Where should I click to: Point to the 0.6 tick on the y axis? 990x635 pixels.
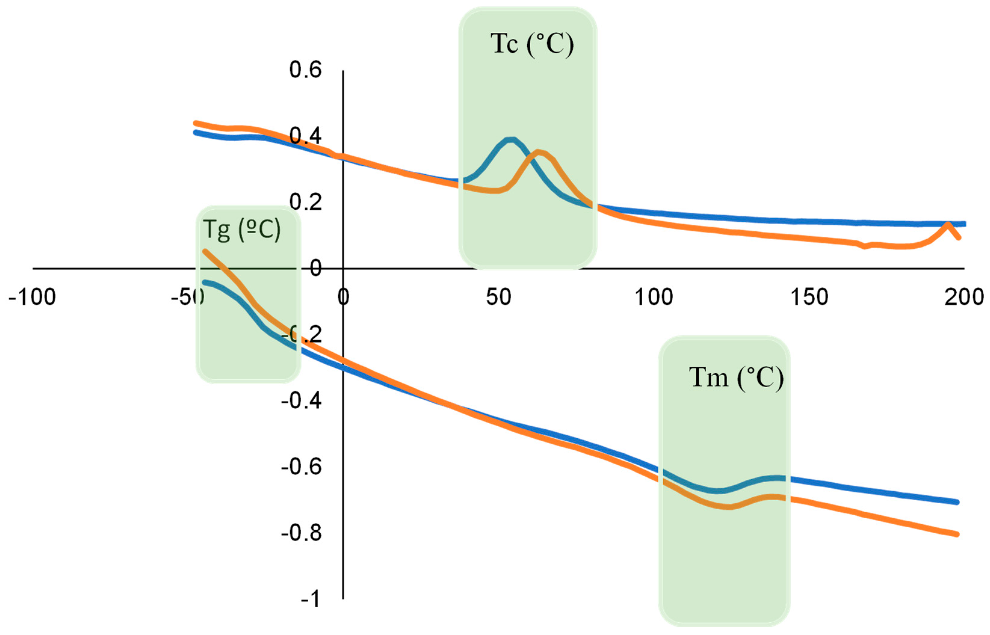click(x=305, y=70)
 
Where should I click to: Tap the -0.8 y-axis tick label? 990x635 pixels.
click(x=301, y=533)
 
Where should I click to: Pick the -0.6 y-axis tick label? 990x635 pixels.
click(x=301, y=467)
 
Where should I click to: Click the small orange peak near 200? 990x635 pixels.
click(x=948, y=224)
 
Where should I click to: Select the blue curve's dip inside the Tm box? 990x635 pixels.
click(x=718, y=491)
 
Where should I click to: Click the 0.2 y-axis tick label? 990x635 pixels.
click(x=305, y=202)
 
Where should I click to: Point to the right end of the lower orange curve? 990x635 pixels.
click(x=957, y=534)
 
